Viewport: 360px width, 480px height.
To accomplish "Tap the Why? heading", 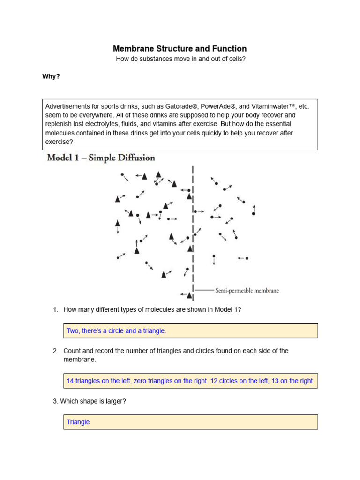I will pos(51,76).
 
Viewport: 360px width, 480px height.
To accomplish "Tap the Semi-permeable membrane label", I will pos(247,291).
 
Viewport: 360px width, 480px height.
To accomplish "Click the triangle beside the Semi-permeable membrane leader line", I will pos(189,295).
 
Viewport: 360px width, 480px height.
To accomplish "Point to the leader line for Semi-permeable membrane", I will pos(204,291).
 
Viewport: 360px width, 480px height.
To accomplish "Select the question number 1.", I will pos(55,309).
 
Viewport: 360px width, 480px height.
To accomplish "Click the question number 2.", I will pos(55,351).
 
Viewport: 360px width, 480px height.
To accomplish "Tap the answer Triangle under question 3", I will pos(78,422).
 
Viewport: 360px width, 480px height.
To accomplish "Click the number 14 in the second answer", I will pos(70,381).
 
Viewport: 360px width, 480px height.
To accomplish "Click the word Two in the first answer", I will pos(73,331).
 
